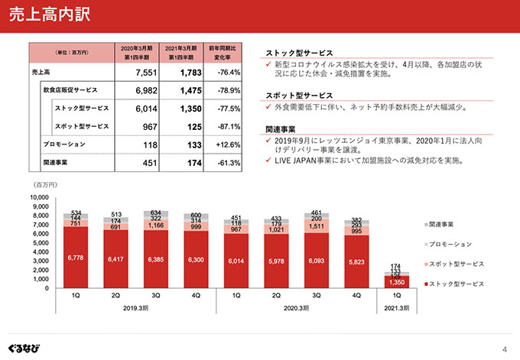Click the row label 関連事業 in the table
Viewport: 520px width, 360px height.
[58, 163]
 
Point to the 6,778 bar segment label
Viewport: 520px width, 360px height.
[76, 258]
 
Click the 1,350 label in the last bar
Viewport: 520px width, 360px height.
[396, 282]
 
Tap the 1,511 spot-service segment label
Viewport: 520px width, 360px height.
[315, 226]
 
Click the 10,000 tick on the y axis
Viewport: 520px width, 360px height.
[38, 197]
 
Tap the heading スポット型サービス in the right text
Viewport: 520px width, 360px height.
[299, 96]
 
